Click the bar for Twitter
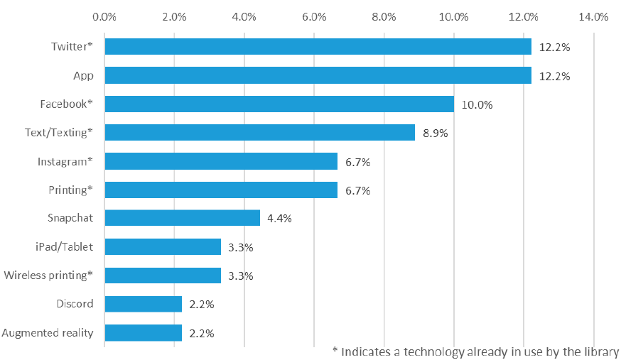pos(318,47)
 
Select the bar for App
pos(318,75)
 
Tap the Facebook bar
pos(279,104)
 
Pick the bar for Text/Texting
pos(260,133)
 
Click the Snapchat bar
pos(182,218)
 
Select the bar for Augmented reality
pos(144,332)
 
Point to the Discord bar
pos(144,304)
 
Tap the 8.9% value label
pos(435,133)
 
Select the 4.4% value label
pos(279,218)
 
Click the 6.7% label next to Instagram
pos(357,161)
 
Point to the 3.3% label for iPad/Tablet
pos(241,247)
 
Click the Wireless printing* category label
pos(48,276)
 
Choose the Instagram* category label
pos(65,161)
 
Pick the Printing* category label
pos(70,190)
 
